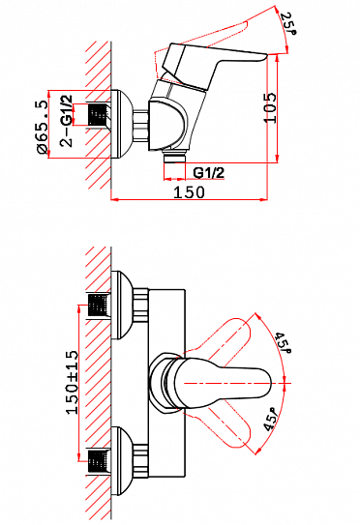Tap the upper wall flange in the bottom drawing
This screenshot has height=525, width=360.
click(x=122, y=308)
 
